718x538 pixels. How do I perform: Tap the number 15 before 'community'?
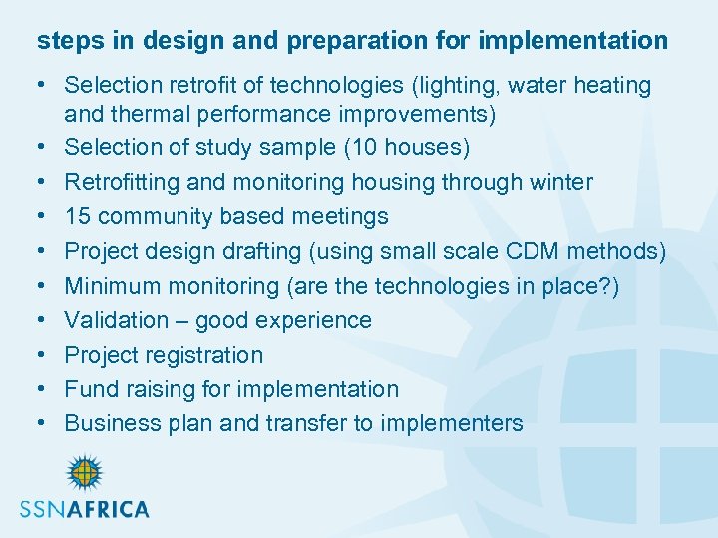[80, 216]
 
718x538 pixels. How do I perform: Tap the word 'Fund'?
[88, 389]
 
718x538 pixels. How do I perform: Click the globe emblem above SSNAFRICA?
[84, 473]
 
